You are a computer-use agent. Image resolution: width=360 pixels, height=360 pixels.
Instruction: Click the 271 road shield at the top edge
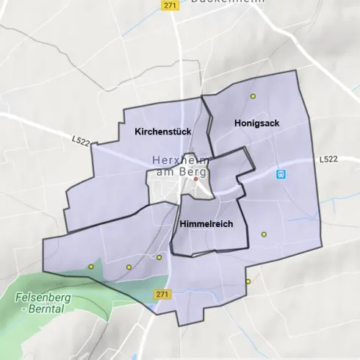tap(171, 5)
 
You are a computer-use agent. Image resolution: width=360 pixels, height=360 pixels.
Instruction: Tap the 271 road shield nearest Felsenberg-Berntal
tap(163, 294)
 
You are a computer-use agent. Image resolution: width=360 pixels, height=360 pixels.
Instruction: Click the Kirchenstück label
tap(162, 132)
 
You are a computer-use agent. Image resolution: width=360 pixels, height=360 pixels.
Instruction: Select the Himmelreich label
tap(206, 225)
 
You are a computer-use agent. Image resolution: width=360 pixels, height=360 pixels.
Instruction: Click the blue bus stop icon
tap(280, 174)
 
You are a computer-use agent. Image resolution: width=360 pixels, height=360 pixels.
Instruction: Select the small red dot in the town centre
tap(195, 179)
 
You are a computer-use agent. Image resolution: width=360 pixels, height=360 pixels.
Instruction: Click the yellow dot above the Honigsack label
tap(253, 96)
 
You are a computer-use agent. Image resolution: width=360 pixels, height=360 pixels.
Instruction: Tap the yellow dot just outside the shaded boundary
tap(248, 281)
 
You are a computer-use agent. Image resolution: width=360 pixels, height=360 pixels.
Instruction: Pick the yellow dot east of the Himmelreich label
tap(264, 234)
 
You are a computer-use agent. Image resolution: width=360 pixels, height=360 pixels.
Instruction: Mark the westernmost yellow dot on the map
tap(91, 267)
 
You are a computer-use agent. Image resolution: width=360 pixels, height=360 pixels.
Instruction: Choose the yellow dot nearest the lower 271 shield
tap(159, 258)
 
